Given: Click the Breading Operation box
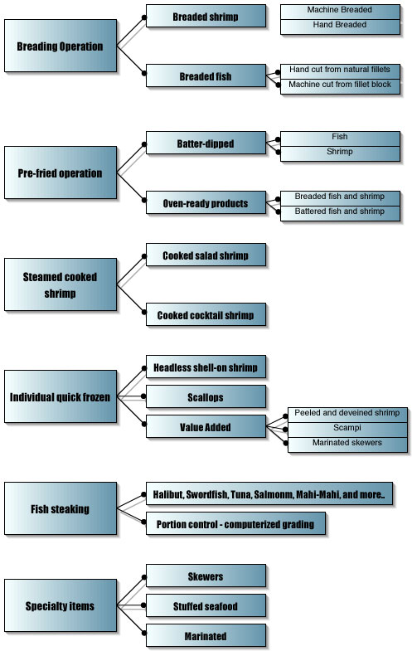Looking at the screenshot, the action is [x=61, y=46].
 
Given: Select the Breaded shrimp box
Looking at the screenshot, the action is [x=206, y=17].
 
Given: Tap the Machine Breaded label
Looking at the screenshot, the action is [x=340, y=10].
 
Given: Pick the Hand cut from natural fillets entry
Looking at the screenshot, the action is [x=340, y=70].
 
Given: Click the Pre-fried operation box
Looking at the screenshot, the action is [x=61, y=172].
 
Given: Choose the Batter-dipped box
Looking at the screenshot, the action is [x=206, y=143].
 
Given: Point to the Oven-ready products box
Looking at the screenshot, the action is [x=206, y=203].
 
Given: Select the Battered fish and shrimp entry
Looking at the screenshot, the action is [x=340, y=211].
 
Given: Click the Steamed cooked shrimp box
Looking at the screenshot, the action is [x=61, y=284].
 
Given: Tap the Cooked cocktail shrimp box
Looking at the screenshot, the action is [x=206, y=314].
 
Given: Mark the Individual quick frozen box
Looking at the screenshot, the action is [x=61, y=396].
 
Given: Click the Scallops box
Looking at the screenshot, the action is [x=206, y=397].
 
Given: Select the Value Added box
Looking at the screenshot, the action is [x=206, y=427].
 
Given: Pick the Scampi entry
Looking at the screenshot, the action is [x=347, y=428].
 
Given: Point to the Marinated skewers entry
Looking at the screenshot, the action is [x=347, y=444].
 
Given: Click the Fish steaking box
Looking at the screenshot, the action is [x=61, y=508].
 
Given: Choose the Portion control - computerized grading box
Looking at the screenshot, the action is [x=235, y=524].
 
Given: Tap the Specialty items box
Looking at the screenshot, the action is [x=61, y=605].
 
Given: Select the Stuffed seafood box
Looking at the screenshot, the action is [x=206, y=605].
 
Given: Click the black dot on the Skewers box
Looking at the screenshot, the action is [x=144, y=577].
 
